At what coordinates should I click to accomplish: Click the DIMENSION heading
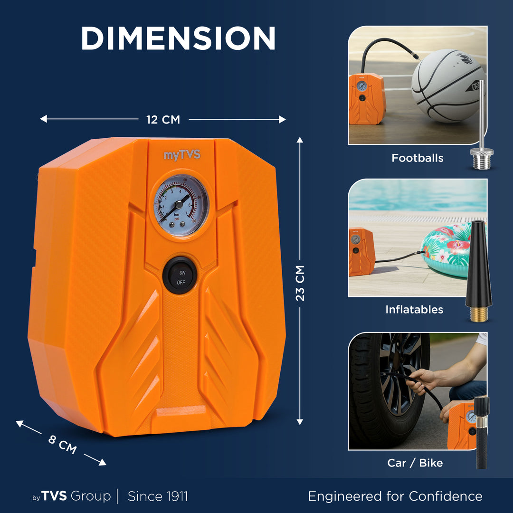(x=178, y=38)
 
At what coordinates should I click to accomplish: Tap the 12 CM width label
(x=163, y=120)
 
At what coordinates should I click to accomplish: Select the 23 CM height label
(x=300, y=283)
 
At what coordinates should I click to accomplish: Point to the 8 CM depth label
(x=63, y=444)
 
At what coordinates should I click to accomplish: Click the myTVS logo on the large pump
(x=182, y=155)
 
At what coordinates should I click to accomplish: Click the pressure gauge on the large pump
(x=181, y=205)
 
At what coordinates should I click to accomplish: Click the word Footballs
(x=418, y=158)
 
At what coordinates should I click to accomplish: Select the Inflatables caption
(x=414, y=310)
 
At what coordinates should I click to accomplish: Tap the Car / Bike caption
(x=415, y=463)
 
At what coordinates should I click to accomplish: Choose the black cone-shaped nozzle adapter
(x=479, y=271)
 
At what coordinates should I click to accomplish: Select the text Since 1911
(x=158, y=496)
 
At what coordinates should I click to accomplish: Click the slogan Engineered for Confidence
(x=395, y=496)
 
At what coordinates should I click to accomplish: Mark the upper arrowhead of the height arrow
(x=300, y=140)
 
